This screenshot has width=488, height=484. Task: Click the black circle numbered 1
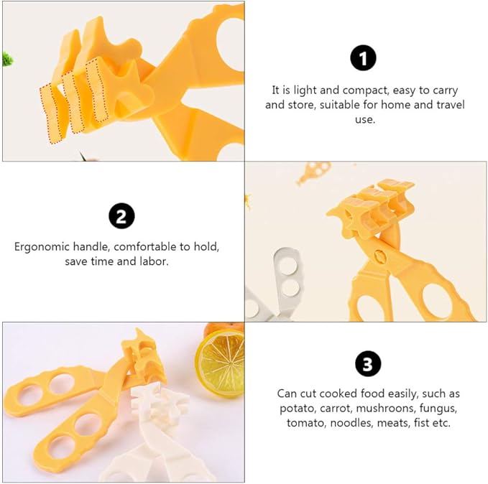coord(363,58)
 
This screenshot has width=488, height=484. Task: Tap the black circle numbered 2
coord(121,216)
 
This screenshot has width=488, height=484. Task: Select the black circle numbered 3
coord(367,366)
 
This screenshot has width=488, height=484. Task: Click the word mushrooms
coord(377,409)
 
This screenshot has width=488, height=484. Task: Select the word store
coord(304,105)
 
